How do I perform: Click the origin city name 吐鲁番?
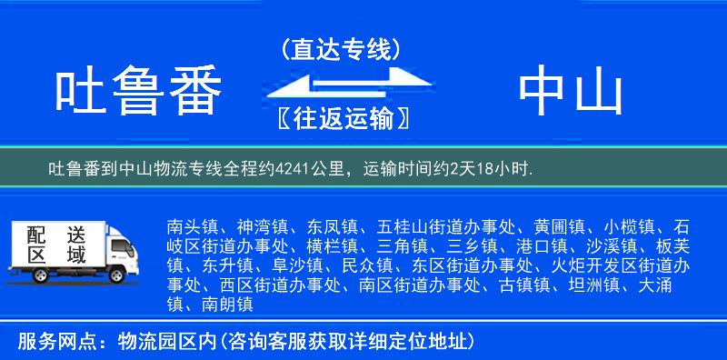pos(138,93)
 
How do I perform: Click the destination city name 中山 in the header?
pos(571,93)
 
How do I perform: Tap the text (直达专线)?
pos(341,49)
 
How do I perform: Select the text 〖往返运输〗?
pos(341,119)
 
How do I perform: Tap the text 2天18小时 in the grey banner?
pos(493,169)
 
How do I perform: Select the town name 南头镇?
pos(189,225)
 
